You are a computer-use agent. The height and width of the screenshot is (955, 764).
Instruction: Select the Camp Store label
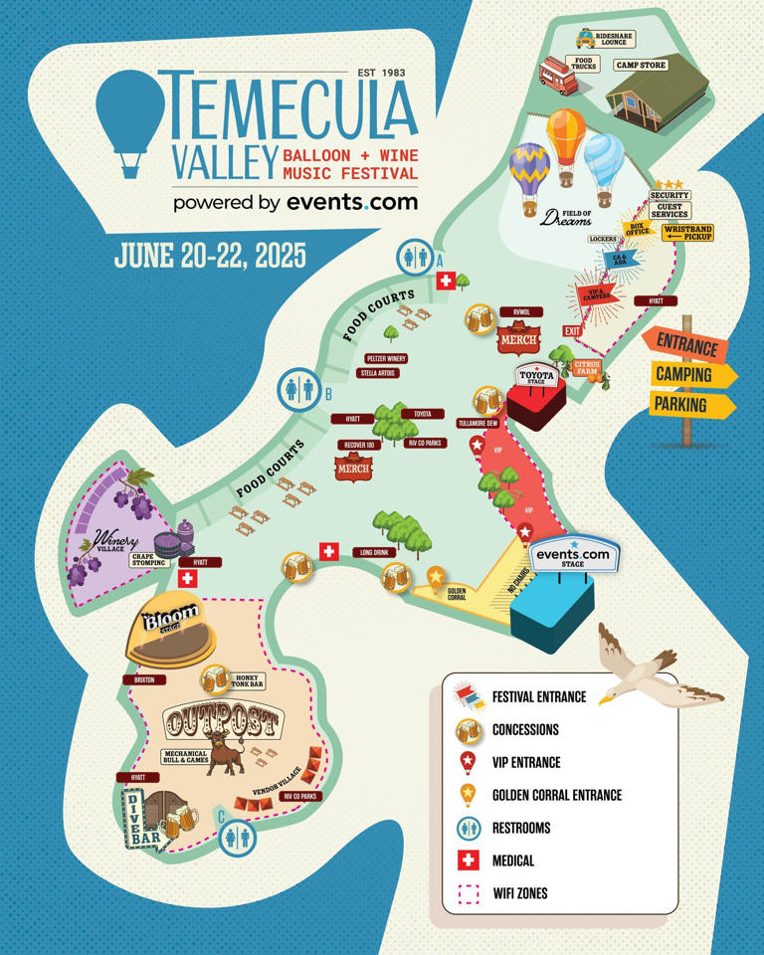(641, 66)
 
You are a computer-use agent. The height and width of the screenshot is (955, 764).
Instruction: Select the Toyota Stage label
(535, 375)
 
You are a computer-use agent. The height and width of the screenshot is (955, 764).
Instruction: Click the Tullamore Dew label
(477, 423)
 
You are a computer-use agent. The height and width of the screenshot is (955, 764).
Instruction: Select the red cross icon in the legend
(468, 859)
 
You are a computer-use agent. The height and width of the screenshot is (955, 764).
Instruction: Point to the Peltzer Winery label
(387, 358)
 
